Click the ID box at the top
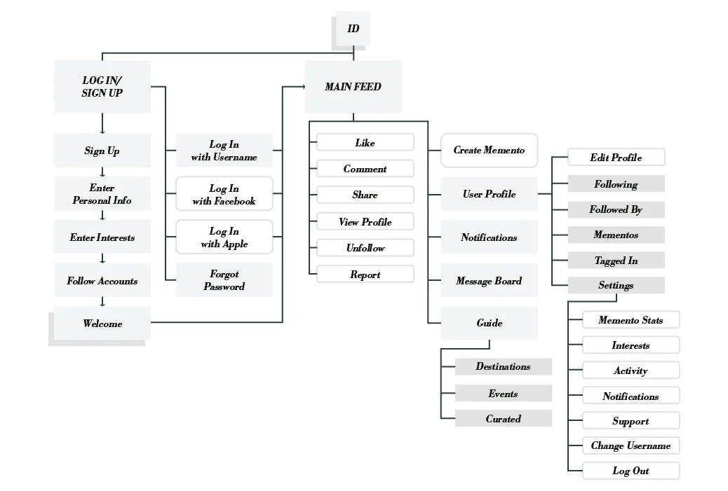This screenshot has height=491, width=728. (353, 29)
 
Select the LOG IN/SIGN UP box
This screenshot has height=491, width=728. (102, 87)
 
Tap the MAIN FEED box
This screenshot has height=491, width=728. (353, 87)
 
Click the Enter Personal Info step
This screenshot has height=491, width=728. (102, 194)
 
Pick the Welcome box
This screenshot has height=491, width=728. (102, 324)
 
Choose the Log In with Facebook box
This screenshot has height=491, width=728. (224, 195)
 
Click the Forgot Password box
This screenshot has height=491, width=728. (224, 281)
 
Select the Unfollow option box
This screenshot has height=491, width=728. (365, 248)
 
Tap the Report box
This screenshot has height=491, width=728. (365, 275)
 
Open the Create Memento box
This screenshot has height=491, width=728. (489, 151)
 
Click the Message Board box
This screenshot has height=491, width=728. (489, 281)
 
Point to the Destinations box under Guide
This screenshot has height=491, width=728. (503, 366)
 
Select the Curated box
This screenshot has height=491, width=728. (503, 419)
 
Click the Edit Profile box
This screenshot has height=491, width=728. (616, 158)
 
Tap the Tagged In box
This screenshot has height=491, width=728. (616, 261)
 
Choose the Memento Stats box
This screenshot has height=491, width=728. (631, 320)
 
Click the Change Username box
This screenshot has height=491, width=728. (631, 445)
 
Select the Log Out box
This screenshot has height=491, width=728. (631, 471)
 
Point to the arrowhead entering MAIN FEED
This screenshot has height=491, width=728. (302, 87)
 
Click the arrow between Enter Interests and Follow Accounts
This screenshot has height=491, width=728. (102, 259)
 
